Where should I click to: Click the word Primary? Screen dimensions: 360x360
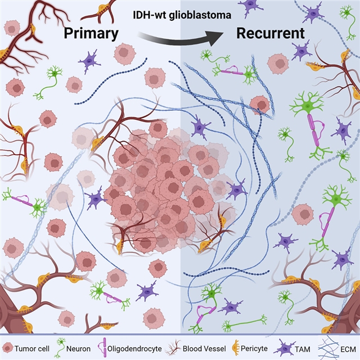point(91,33)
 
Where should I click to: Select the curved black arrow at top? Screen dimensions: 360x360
point(179,38)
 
